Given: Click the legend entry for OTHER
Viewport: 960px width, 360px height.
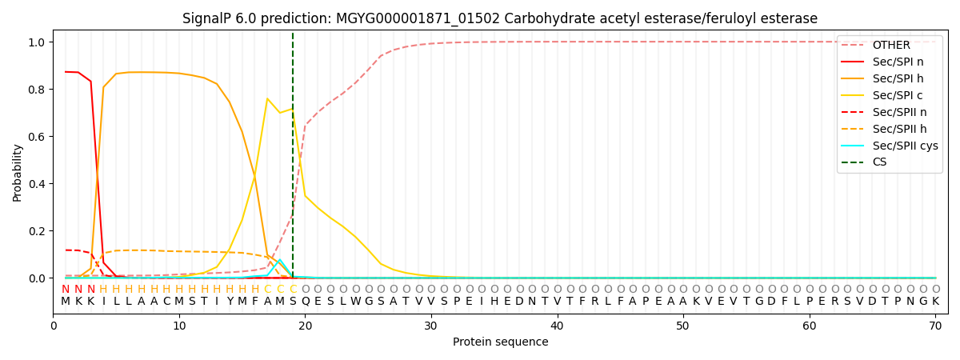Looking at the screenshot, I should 889,45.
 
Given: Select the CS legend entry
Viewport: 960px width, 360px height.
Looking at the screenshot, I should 879,162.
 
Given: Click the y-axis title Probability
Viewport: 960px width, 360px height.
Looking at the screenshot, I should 18,173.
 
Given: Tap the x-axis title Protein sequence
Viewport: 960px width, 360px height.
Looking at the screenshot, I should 500,342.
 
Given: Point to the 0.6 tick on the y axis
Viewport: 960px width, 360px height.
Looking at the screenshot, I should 37,137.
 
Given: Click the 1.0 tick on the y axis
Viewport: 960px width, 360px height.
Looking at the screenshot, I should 37,42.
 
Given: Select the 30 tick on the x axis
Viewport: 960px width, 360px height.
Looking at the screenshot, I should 431,326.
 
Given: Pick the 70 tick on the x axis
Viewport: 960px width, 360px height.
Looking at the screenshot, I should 935,326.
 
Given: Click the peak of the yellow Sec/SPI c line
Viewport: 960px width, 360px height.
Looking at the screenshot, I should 267,98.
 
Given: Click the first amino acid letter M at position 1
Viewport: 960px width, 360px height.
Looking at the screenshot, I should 66,302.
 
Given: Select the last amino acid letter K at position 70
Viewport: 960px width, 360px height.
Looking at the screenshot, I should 935,302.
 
